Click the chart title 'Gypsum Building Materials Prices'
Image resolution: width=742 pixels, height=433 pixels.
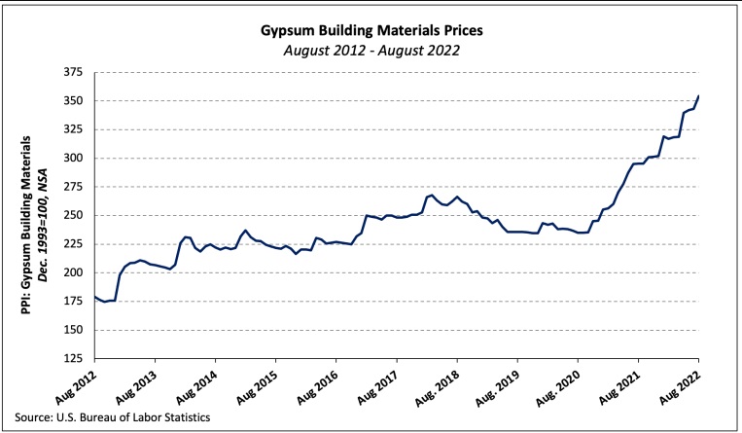pyautogui.click(x=371, y=30)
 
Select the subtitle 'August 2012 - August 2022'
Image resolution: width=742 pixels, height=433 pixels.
pyautogui.click(x=371, y=49)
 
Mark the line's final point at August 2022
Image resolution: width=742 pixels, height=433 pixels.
pyautogui.click(x=698, y=95)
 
